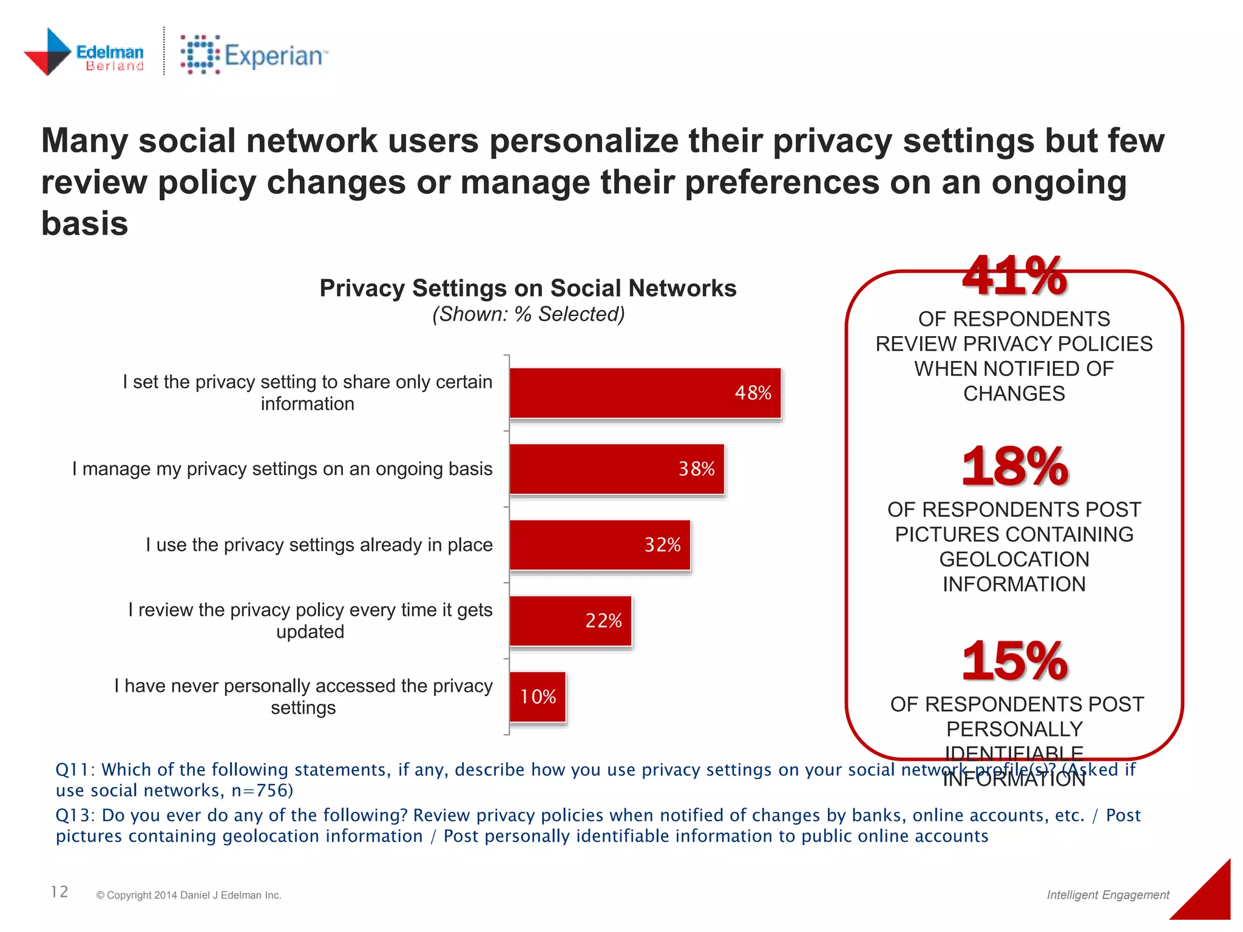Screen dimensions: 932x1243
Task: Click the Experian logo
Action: [254, 55]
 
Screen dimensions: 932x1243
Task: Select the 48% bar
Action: [645, 393]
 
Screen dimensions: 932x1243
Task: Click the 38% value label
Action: [696, 469]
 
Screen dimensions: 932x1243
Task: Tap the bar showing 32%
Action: [600, 545]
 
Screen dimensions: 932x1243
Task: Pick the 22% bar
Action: [571, 621]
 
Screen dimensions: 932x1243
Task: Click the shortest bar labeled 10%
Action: [538, 697]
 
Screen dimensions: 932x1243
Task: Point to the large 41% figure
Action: [1014, 277]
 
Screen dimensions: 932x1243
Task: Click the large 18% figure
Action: [1014, 467]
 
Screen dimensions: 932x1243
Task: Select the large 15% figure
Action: [1014, 661]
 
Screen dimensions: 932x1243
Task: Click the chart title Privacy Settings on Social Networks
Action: [527, 288]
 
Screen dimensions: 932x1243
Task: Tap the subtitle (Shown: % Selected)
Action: [528, 314]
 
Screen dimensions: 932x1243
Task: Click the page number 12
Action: [59, 891]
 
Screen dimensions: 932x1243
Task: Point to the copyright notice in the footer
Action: [189, 895]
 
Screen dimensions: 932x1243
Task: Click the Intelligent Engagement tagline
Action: [1108, 895]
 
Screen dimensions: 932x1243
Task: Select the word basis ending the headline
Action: [85, 223]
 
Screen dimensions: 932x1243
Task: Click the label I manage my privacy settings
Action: [282, 469]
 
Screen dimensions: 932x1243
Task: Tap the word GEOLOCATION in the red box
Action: [1014, 559]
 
